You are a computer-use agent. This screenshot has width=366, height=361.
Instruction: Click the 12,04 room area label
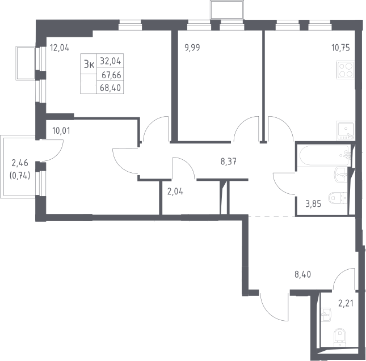tap(60, 48)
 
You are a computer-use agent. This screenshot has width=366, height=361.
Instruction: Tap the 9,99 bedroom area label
tap(192, 48)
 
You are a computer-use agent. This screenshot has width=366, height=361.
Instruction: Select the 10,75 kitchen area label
tap(341, 48)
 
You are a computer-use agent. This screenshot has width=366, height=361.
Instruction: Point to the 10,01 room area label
tap(61, 131)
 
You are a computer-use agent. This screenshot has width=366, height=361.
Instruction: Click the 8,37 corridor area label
tap(229, 162)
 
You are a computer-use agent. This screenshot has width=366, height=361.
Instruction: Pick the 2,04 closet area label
tap(175, 192)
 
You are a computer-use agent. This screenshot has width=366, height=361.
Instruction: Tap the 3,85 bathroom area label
tap(313, 204)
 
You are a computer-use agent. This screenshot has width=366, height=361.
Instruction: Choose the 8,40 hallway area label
tap(303, 275)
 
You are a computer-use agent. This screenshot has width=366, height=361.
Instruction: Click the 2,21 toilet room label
tap(346, 303)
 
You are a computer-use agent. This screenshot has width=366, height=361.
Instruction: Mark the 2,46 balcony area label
tap(20, 163)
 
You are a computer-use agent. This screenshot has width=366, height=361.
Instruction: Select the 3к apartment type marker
tap(89, 64)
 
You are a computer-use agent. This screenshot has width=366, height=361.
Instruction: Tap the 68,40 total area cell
tap(110, 88)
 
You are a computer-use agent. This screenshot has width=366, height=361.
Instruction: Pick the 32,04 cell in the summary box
tap(111, 61)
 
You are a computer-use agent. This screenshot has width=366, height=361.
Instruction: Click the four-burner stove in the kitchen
tap(346, 70)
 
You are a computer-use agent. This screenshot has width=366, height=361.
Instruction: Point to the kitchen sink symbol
tap(346, 131)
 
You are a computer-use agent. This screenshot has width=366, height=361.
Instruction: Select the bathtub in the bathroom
tap(325, 155)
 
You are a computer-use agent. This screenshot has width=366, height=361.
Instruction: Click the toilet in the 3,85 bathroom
tap(338, 199)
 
